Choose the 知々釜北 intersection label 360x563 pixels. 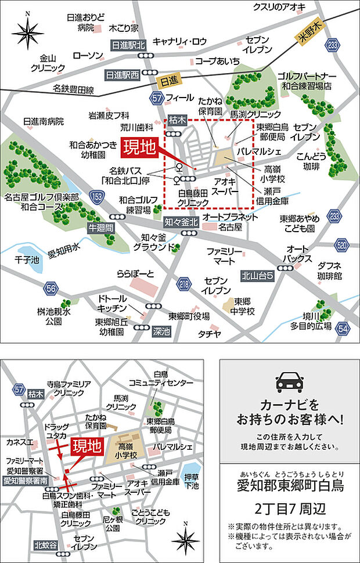(x=181, y=222)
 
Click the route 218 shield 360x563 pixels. (x=185, y=284)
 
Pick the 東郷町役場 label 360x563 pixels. (x=189, y=316)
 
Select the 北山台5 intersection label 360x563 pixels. (x=257, y=276)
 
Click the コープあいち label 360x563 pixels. (x=217, y=60)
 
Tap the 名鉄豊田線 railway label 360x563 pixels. (x=74, y=89)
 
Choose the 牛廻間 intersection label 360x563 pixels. (x=100, y=226)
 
